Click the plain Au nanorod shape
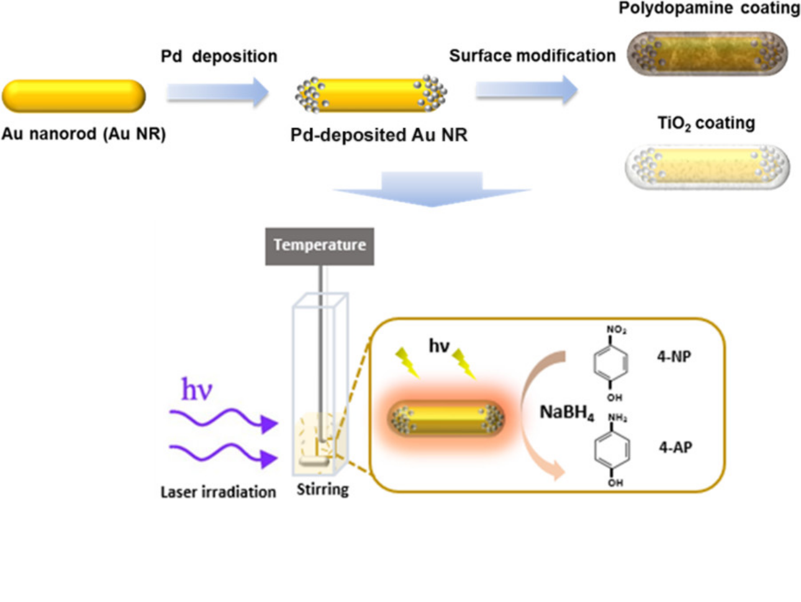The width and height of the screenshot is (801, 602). [x=73, y=96]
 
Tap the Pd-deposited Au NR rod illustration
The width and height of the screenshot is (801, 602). [x=371, y=94]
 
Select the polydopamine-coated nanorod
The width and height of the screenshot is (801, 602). [x=707, y=53]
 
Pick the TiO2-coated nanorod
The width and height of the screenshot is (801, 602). [x=707, y=166]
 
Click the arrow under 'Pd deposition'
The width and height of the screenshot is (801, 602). [x=217, y=93]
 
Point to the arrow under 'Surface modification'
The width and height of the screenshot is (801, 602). [x=527, y=90]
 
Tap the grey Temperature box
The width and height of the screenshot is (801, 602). [x=319, y=246]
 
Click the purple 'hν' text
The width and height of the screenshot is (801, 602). [x=196, y=390]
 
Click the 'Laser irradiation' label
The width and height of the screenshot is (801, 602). [x=218, y=492]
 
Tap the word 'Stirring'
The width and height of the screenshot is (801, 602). [x=322, y=490]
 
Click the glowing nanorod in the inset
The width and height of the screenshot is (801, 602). [x=446, y=418]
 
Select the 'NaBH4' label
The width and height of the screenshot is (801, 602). [x=566, y=413]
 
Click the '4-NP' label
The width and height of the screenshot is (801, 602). [x=674, y=357]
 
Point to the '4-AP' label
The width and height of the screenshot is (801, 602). [x=676, y=447]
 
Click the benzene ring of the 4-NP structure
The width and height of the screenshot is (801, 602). [x=611, y=362]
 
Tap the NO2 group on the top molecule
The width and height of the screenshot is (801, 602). [x=616, y=330]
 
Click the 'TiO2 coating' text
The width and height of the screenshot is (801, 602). [x=706, y=124]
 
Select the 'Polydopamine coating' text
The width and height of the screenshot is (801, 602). [x=708, y=9]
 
